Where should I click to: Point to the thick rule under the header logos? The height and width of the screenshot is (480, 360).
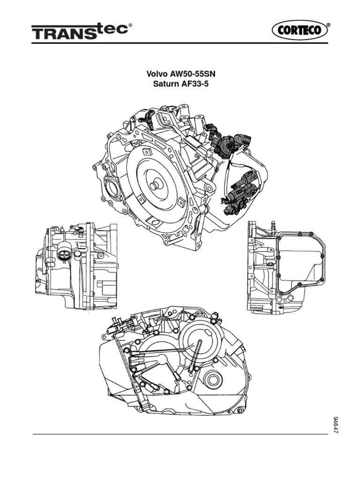[180, 43]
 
